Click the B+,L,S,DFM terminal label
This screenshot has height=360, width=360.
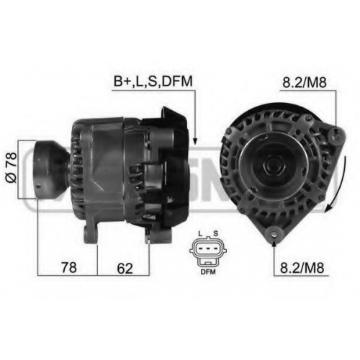[x=153, y=81]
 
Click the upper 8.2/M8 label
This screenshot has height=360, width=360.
[x=305, y=83]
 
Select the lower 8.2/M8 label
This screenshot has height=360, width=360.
[x=302, y=268]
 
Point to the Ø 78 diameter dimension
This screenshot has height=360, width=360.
[x=12, y=167]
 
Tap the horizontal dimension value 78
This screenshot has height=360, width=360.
[x=69, y=267]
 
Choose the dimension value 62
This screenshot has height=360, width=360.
[x=125, y=268]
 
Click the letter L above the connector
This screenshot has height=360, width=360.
[x=200, y=233]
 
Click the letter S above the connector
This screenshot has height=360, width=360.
[x=215, y=233]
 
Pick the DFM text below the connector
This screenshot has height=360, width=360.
[x=208, y=272]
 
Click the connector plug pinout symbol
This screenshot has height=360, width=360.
[x=208, y=251]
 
